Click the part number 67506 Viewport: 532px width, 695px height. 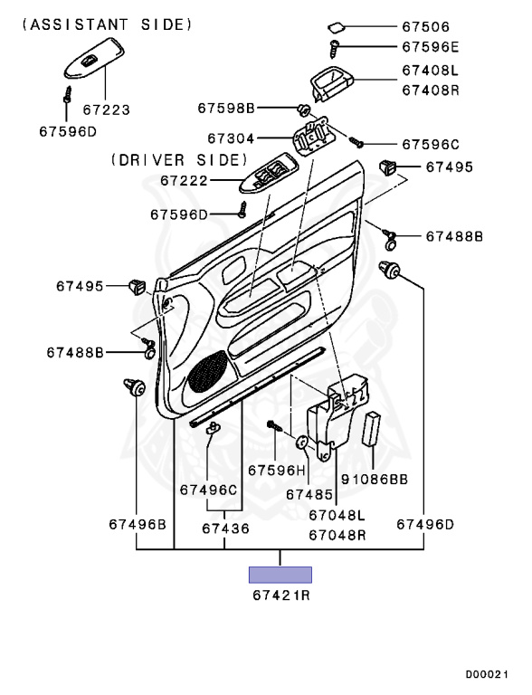(x=425, y=27)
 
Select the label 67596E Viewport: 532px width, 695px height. (x=431, y=47)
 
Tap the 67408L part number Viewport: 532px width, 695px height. (x=431, y=71)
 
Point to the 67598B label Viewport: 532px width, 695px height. (x=226, y=109)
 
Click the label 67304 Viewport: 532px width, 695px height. (x=231, y=138)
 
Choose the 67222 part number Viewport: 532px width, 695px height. (x=184, y=181)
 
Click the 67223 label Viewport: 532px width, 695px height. (x=107, y=109)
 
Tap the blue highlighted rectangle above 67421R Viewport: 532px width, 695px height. (x=280, y=575)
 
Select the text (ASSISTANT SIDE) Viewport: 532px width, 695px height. (x=108, y=24)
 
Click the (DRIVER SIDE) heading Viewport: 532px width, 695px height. (x=179, y=160)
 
